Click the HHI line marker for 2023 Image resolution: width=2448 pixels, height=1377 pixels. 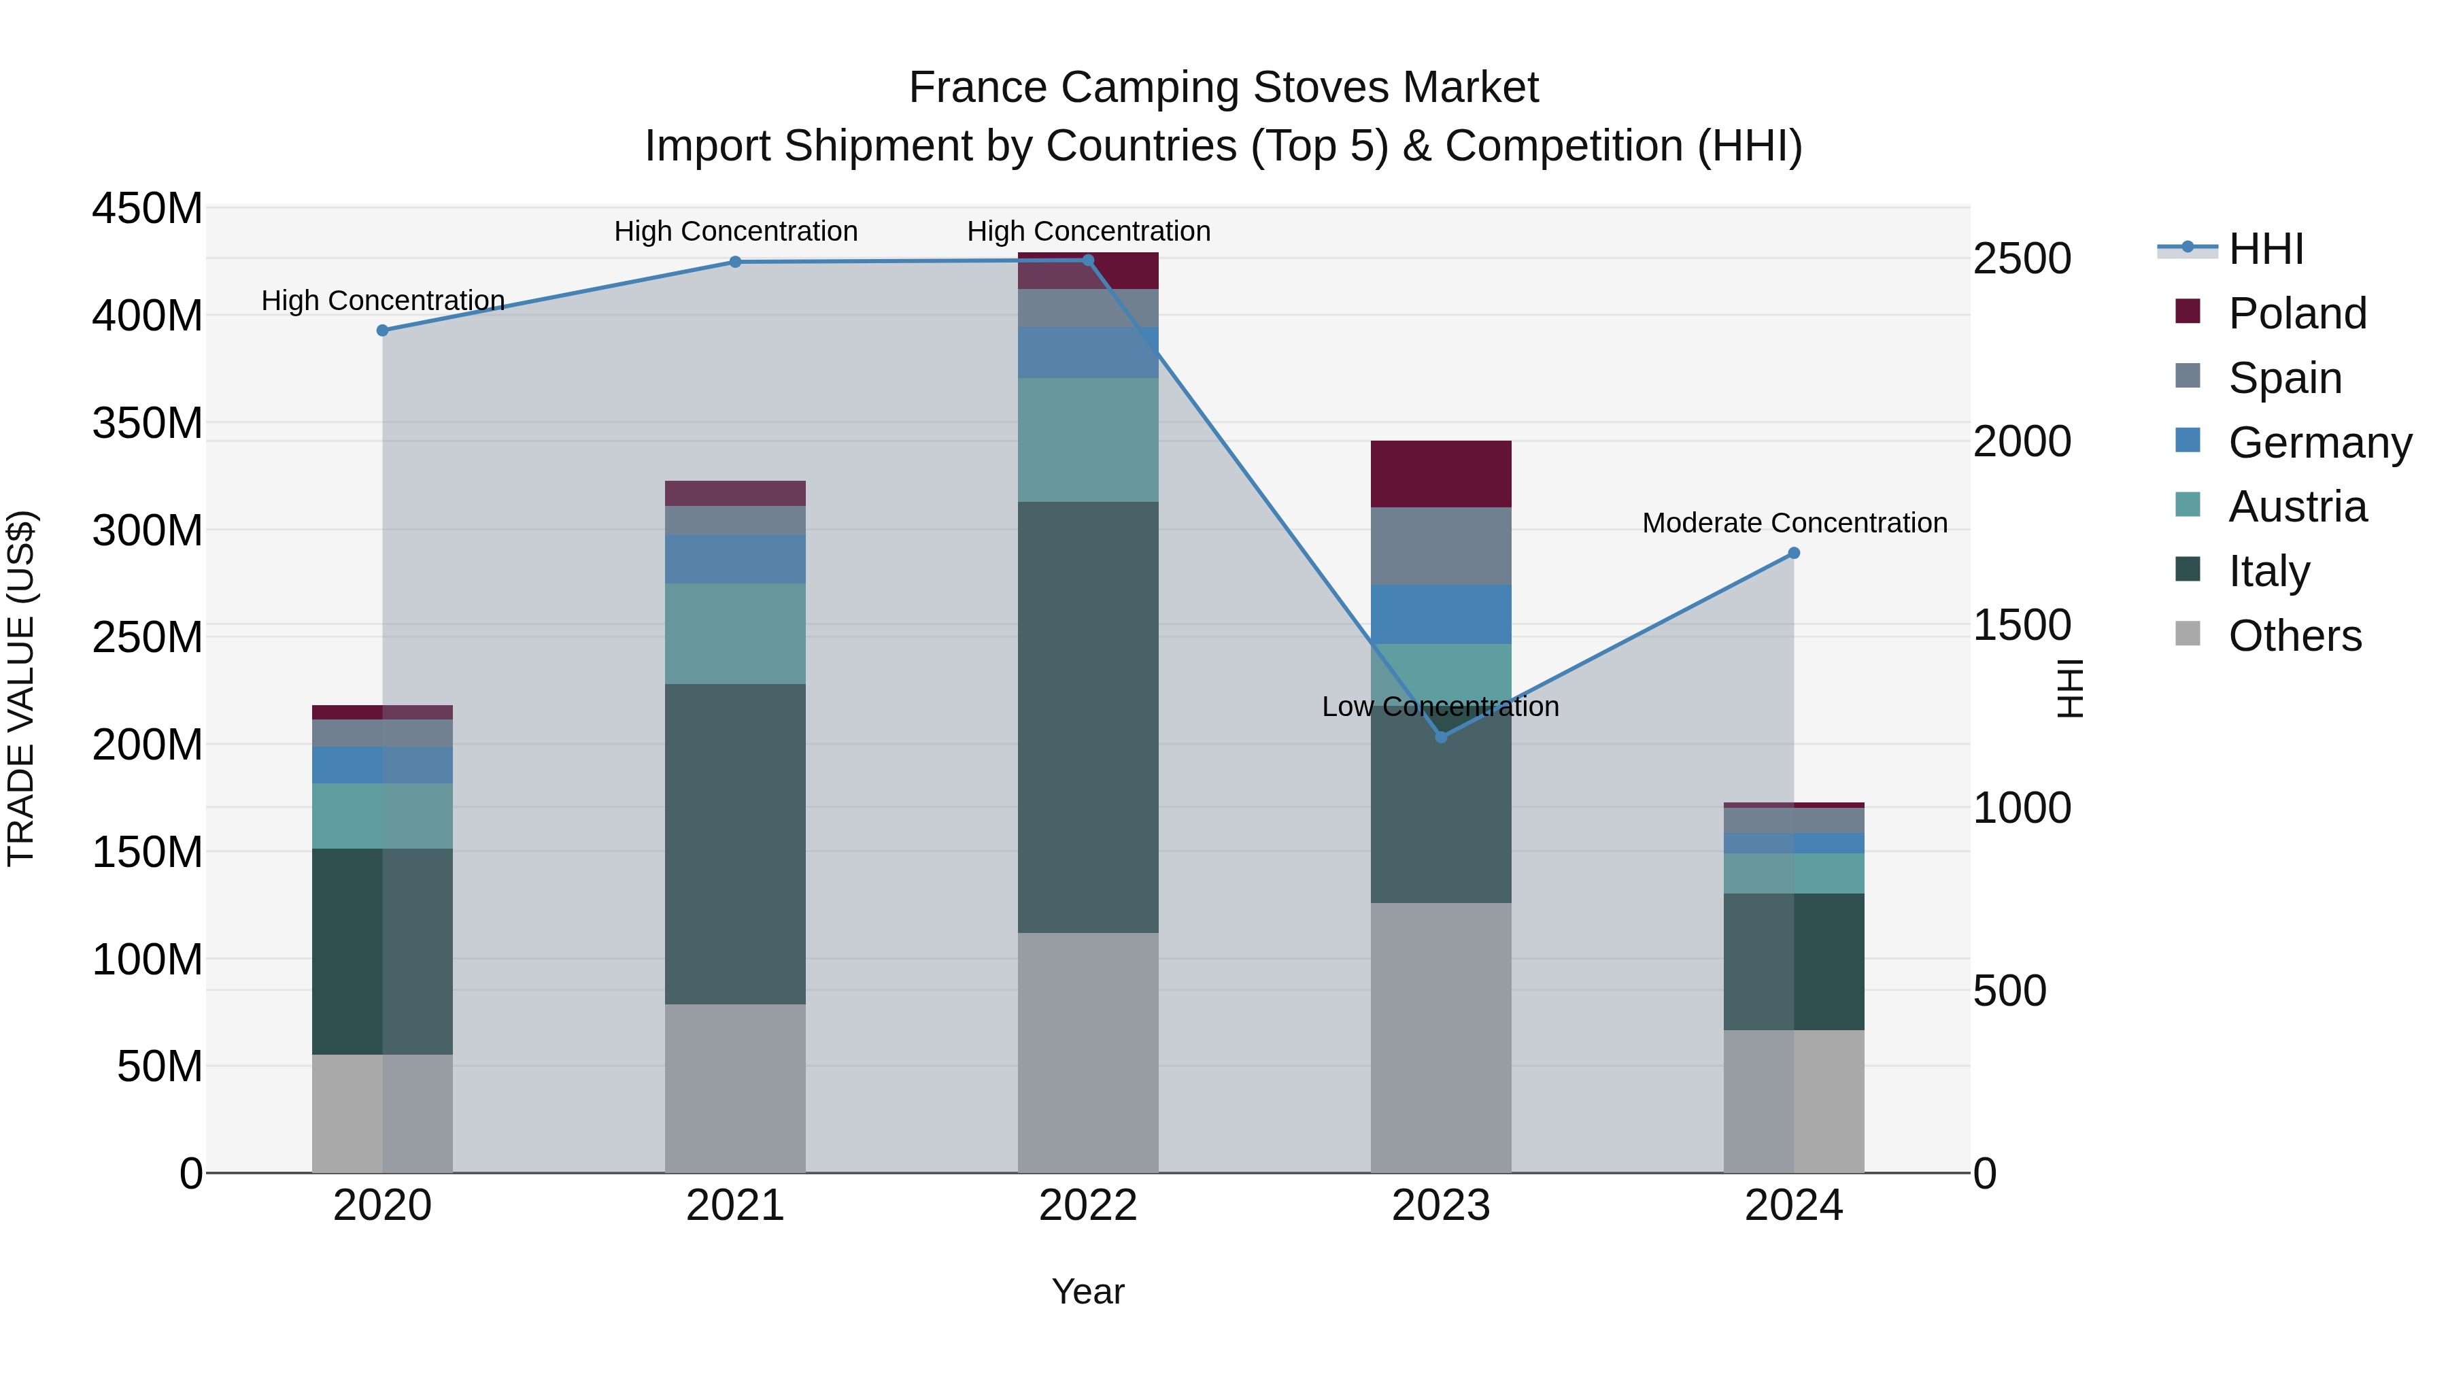tap(1441, 736)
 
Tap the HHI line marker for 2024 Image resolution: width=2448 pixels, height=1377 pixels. tap(1793, 553)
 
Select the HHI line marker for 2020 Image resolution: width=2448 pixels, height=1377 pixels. tap(382, 330)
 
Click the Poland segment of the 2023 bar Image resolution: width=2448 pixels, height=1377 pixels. tap(1441, 474)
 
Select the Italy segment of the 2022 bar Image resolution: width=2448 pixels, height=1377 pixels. tap(1088, 717)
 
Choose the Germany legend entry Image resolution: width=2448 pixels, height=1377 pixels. tap(2319, 443)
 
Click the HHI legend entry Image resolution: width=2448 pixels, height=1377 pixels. tap(2266, 249)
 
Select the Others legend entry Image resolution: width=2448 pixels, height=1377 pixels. tap(2294, 636)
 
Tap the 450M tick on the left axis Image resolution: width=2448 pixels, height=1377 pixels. tap(148, 208)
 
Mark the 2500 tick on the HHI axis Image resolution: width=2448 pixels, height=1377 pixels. tap(2022, 258)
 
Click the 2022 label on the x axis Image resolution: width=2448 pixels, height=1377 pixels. tap(1088, 1206)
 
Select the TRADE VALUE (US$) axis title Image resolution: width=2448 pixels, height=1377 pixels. tap(21, 688)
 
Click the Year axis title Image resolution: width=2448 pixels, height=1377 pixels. tap(1088, 1291)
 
